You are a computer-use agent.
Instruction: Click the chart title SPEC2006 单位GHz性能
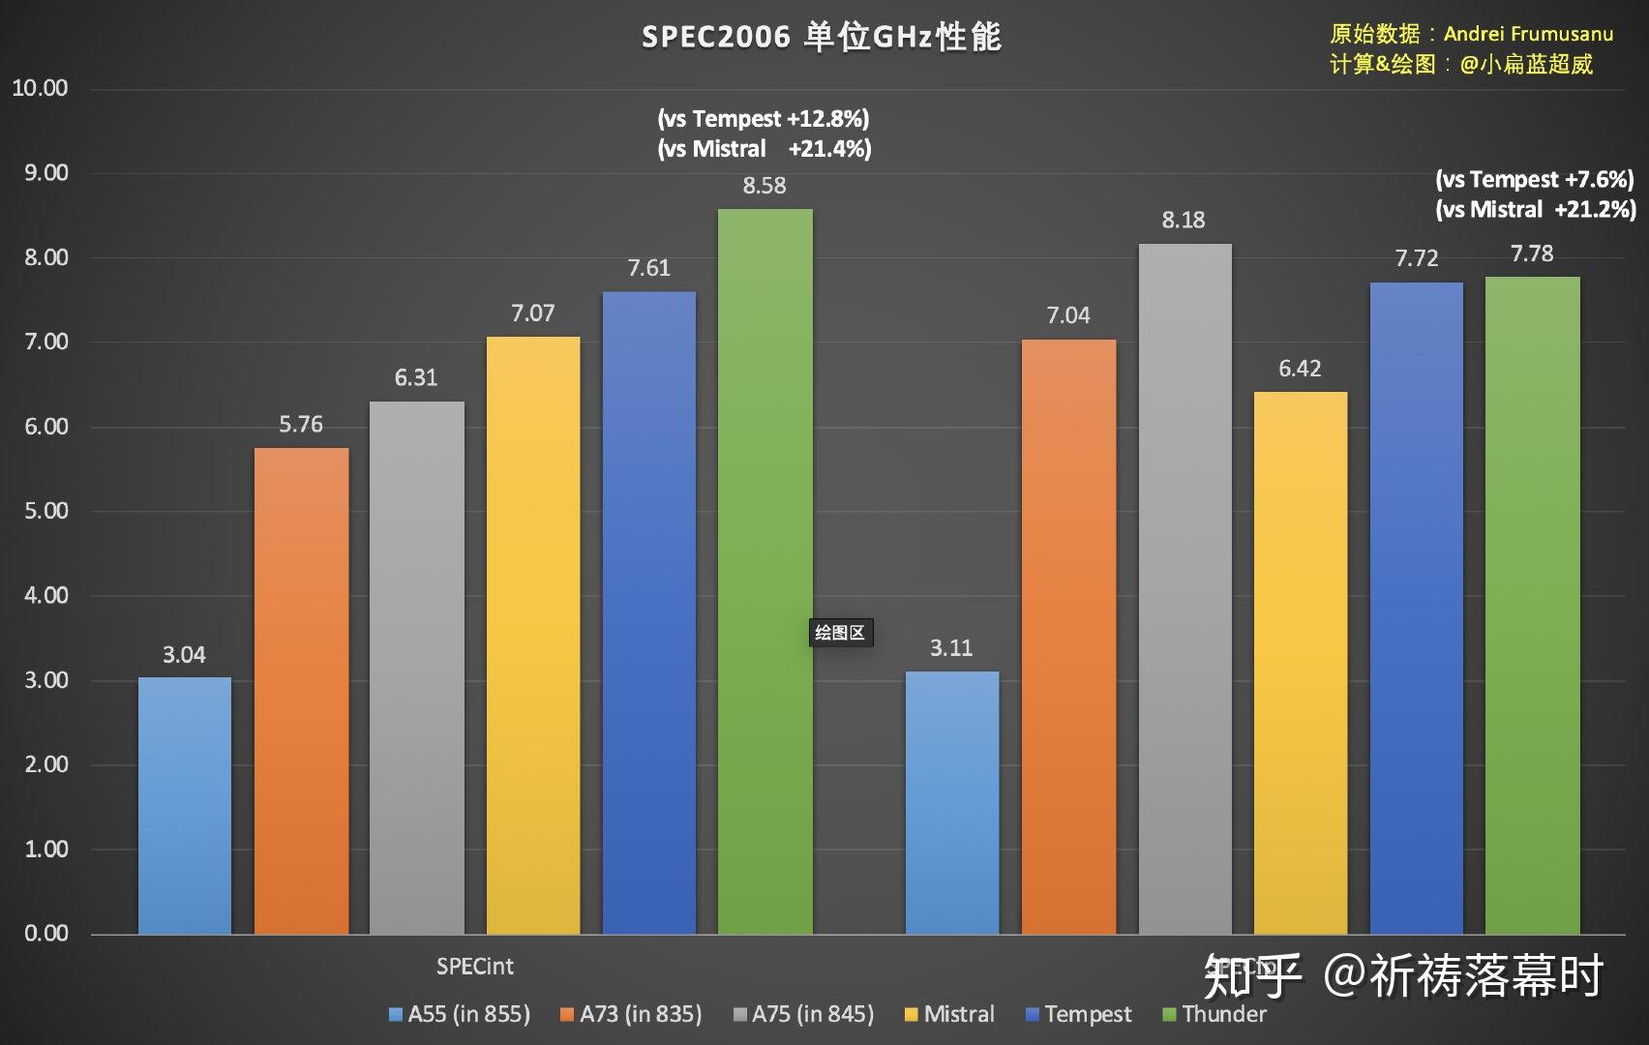[822, 37]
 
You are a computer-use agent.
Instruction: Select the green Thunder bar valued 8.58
[765, 571]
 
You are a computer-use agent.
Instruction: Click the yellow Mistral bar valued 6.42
[1300, 663]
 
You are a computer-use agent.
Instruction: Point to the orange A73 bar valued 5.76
[301, 691]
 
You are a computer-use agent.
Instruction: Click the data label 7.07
[532, 313]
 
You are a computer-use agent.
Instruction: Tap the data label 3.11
[950, 648]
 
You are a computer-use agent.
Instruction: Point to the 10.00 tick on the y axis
[40, 88]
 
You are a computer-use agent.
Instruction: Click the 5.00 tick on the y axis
[45, 511]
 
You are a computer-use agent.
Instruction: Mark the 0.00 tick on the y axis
[45, 934]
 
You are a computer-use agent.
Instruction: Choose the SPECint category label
[474, 967]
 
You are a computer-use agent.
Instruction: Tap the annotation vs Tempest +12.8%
[764, 119]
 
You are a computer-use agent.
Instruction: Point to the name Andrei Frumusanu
[1528, 34]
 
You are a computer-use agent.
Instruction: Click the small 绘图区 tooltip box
[840, 633]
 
